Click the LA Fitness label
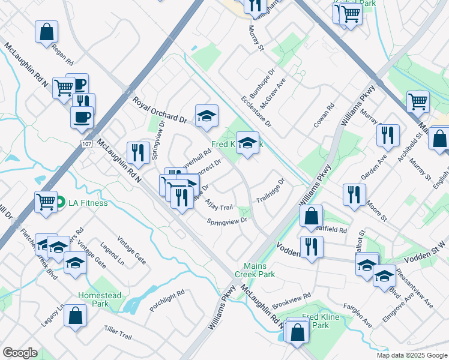pos(87,203)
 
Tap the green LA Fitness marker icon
pos(61,203)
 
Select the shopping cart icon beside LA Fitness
pos(46,202)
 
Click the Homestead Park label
pos(100,299)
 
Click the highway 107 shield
pos(86,145)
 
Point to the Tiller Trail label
pos(117,334)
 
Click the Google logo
pos(20,353)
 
